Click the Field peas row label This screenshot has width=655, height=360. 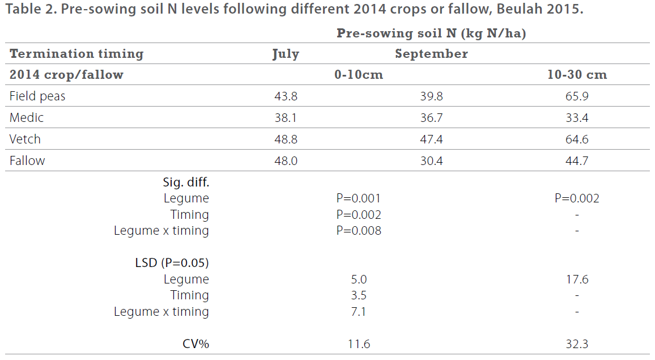[37, 96]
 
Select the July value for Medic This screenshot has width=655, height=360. [286, 118]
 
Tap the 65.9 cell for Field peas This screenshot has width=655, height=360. [577, 96]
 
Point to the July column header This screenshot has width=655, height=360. [286, 54]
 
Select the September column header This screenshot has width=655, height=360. [432, 54]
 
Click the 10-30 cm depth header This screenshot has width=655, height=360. [577, 75]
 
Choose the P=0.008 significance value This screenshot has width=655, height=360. [359, 231]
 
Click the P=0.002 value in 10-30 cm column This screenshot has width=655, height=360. [577, 198]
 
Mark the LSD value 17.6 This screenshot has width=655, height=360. [577, 279]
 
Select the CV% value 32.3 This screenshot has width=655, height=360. [577, 344]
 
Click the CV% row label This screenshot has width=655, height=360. [195, 344]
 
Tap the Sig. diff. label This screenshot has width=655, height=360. [186, 183]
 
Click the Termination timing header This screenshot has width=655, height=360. [76, 54]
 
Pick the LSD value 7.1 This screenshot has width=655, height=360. [359, 312]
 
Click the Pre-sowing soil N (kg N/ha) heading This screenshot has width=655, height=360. [431, 33]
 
